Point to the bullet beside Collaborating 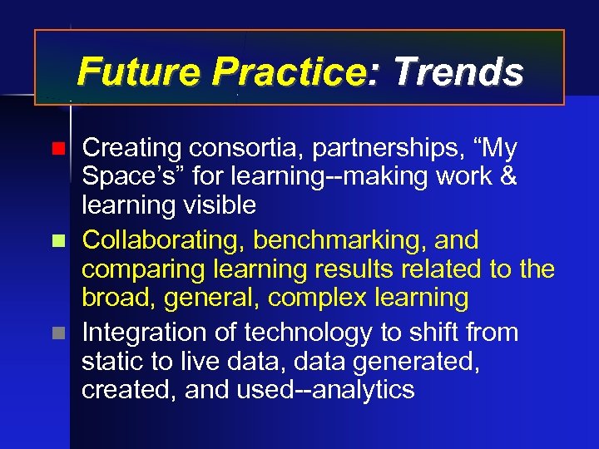click(x=57, y=242)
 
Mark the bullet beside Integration click(x=57, y=334)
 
